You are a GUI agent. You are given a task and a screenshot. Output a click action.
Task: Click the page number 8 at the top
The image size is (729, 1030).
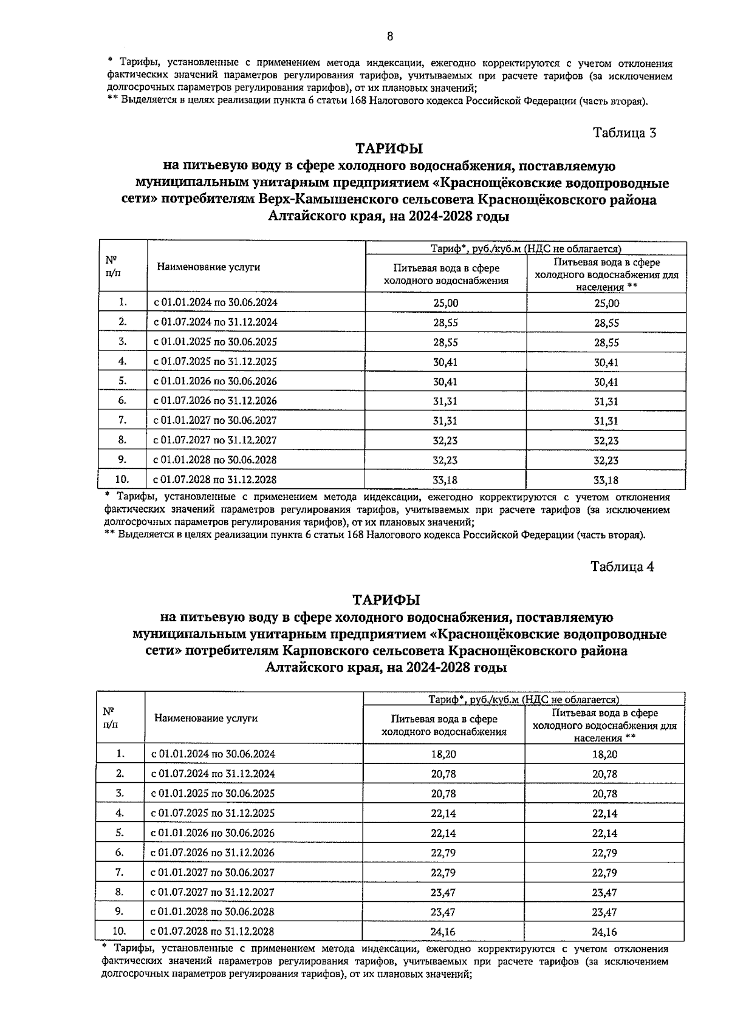[389, 36]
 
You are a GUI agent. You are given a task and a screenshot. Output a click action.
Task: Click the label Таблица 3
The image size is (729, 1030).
[624, 133]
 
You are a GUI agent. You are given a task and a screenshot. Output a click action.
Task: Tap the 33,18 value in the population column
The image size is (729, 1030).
[606, 480]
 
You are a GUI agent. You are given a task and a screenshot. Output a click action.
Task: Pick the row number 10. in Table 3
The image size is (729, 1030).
[122, 479]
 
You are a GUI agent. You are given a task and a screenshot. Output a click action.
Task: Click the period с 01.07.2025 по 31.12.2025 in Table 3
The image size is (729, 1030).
[215, 362]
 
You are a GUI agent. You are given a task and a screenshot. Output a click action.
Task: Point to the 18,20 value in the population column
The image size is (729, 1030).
[604, 754]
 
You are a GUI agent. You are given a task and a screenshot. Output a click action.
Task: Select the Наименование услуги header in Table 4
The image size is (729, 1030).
[206, 718]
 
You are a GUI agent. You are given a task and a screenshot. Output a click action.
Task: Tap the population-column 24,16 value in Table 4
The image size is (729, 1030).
[604, 931]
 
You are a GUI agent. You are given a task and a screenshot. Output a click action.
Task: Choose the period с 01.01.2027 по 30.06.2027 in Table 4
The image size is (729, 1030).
[213, 872]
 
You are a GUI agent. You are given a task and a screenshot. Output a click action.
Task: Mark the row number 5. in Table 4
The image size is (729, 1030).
[120, 833]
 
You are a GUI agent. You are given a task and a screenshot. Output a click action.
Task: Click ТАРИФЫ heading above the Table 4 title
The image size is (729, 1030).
[386, 600]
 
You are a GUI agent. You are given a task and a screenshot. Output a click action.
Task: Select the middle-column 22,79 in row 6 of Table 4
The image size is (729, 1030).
[443, 853]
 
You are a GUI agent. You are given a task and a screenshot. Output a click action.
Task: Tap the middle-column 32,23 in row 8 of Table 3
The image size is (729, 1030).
[445, 440]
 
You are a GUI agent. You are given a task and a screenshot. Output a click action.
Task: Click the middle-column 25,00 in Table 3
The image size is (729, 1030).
[445, 302]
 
